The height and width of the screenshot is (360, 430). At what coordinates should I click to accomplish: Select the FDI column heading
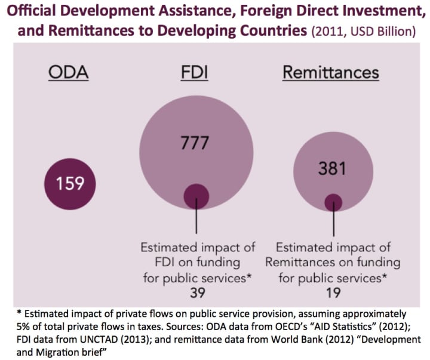(196, 73)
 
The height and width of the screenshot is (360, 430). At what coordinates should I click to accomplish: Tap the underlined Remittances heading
(330, 73)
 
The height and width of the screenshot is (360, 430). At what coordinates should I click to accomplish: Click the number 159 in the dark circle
(69, 182)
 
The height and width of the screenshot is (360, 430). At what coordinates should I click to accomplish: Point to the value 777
(196, 143)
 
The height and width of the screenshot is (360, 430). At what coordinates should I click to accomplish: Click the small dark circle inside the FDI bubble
(196, 196)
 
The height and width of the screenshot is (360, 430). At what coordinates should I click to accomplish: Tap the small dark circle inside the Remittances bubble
(333, 202)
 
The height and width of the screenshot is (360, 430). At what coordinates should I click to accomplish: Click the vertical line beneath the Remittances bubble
(333, 224)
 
